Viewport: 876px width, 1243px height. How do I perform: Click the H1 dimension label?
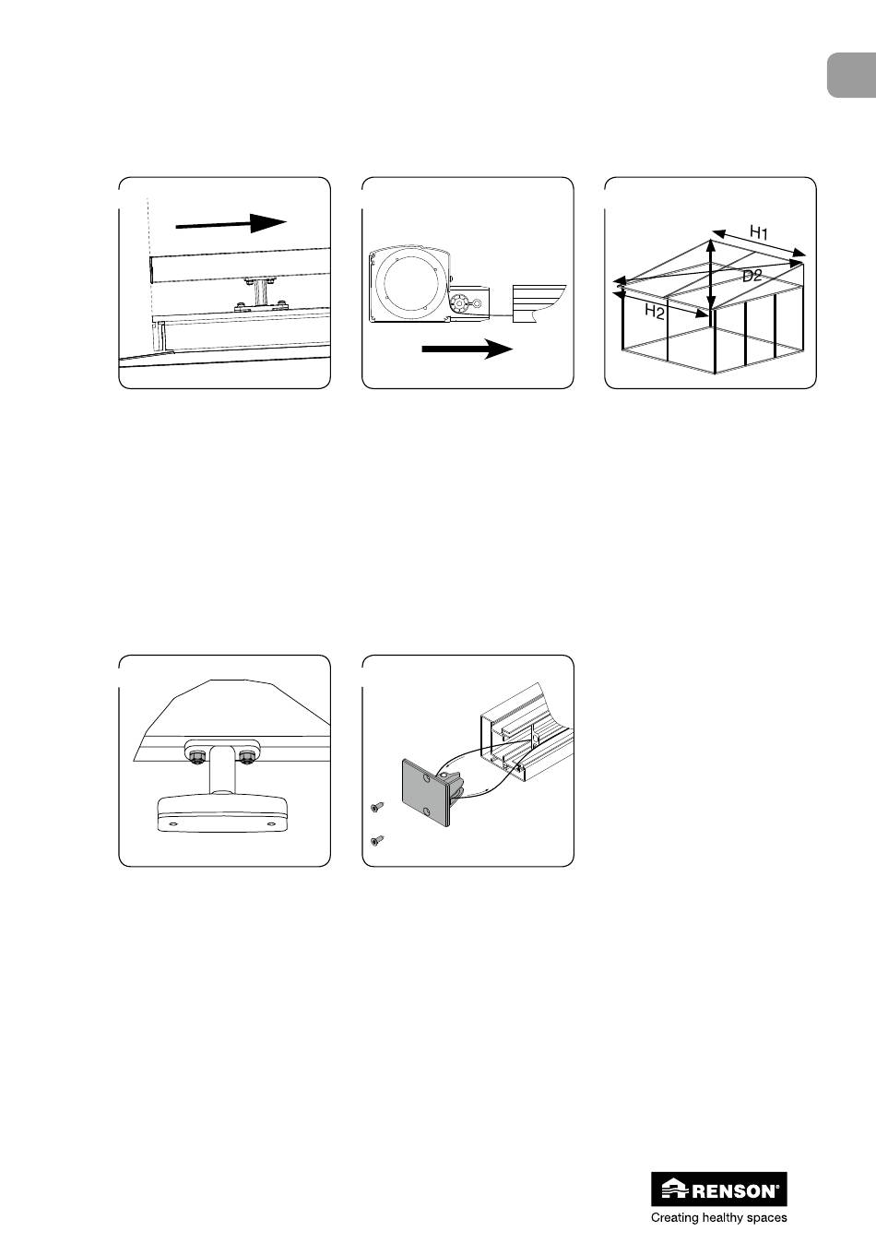pos(758,231)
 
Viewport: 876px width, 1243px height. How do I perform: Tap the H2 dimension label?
pos(655,313)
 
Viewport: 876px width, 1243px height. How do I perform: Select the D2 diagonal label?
pos(752,275)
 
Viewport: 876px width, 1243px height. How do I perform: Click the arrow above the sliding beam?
pos(231,223)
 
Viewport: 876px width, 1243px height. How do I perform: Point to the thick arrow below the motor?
pos(468,349)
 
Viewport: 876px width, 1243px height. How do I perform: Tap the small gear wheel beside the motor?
pos(459,303)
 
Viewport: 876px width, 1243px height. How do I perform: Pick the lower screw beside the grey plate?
pos(375,841)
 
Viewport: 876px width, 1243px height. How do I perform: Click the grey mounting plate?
pos(426,792)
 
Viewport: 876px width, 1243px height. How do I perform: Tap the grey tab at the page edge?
pos(852,76)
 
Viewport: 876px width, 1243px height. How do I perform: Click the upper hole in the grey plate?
pos(426,779)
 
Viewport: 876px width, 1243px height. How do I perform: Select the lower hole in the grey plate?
pos(425,812)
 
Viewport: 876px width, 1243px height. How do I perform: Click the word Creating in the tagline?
pos(675,1218)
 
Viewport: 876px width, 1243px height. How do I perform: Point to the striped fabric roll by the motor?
pos(539,303)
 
